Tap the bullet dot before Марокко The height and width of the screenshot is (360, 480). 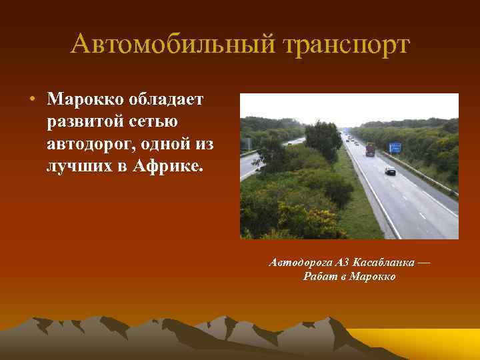(x=31, y=99)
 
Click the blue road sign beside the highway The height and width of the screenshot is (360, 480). (x=395, y=147)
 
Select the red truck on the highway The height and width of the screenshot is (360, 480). (x=370, y=149)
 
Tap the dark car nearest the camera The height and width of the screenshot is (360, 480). (x=390, y=171)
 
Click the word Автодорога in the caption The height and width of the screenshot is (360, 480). (x=297, y=263)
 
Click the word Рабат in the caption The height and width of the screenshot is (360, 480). (x=317, y=277)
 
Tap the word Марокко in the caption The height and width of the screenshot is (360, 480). (x=373, y=277)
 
